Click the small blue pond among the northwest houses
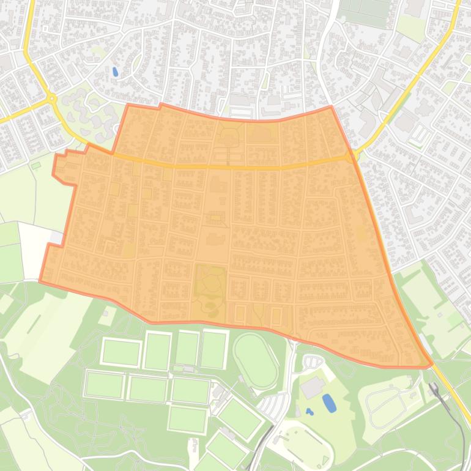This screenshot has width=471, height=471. click(x=115, y=72)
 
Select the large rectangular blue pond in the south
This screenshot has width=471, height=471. click(x=329, y=403)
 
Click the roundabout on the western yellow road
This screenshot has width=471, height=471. click(x=51, y=98)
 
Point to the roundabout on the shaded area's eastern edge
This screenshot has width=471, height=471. click(x=350, y=157)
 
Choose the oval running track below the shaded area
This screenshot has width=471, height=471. click(x=256, y=361)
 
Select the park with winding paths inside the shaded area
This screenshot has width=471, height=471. click(x=210, y=286)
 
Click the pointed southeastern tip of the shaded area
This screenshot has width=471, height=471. click(x=432, y=364)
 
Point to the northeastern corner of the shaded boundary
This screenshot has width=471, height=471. click(x=331, y=107)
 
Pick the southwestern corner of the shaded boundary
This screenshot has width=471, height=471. click(x=40, y=281)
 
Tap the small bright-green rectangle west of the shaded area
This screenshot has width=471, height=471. click(x=36, y=165)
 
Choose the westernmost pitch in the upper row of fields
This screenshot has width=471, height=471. click(x=121, y=352)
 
